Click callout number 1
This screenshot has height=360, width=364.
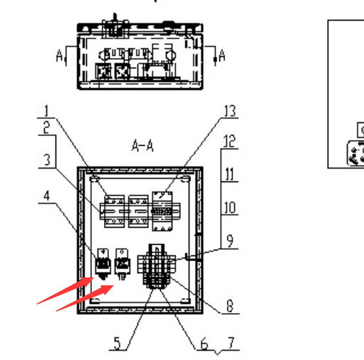click(x=46, y=111)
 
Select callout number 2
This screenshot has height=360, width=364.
click(x=46, y=128)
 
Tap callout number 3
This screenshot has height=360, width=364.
click(x=47, y=160)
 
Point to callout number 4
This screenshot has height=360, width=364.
click(x=47, y=196)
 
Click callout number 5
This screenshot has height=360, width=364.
click(x=118, y=343)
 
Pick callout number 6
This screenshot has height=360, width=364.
click(x=204, y=344)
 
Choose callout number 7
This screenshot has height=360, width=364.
click(x=232, y=343)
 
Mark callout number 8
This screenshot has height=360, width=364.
click(x=229, y=306)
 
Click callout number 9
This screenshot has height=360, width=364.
click(x=230, y=241)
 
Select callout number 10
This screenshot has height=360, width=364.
click(x=229, y=208)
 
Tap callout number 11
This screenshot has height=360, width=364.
click(x=229, y=174)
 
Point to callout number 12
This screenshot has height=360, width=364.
click(x=229, y=141)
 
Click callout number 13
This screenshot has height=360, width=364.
click(x=229, y=111)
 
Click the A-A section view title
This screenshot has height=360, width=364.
click(x=142, y=146)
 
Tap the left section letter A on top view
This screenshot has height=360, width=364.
click(x=59, y=56)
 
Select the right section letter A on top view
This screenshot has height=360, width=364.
click(x=222, y=55)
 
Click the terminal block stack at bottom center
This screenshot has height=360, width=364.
click(x=157, y=266)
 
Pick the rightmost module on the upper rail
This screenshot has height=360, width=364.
click(x=162, y=211)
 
